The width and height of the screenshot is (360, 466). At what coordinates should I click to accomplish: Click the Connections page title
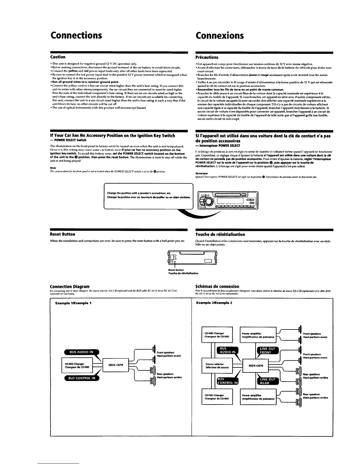[x=76, y=35]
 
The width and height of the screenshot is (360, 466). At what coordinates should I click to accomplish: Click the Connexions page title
[x=220, y=35]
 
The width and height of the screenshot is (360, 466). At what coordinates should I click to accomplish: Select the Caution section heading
[x=58, y=57]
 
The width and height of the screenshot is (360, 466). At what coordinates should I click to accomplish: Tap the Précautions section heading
[x=207, y=57]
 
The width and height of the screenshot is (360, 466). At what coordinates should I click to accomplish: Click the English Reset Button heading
[x=63, y=234]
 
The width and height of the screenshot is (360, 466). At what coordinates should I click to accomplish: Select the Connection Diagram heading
[x=70, y=287]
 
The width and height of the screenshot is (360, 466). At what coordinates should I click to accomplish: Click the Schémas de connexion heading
[x=217, y=287]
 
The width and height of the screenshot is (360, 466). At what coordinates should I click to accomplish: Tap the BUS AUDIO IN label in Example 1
[x=81, y=352]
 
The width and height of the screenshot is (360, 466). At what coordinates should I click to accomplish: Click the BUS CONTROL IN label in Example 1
[x=81, y=378]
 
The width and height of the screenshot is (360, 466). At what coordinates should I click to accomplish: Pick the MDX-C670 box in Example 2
[x=256, y=366]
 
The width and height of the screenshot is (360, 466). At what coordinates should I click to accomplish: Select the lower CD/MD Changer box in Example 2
[x=217, y=397]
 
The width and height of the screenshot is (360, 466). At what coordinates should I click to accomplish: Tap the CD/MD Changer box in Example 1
[x=77, y=365]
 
